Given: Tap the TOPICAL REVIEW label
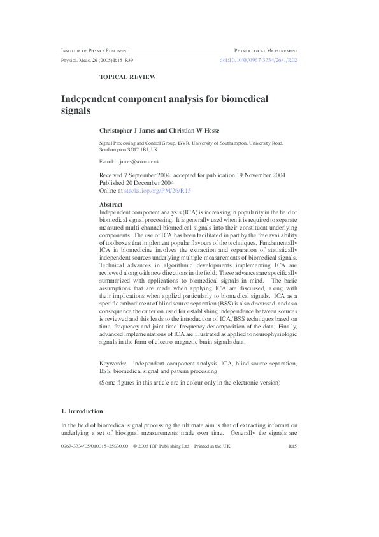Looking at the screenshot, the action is [x=127, y=77].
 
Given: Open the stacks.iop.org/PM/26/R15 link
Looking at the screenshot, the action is [x=157, y=190].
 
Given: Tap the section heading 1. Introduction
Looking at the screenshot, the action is [x=82, y=411].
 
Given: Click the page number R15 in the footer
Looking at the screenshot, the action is [x=292, y=446].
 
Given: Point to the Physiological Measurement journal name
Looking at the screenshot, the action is [x=266, y=50].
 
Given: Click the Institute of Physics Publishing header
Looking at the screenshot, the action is [x=95, y=50].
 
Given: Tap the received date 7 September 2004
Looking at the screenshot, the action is [x=157, y=174].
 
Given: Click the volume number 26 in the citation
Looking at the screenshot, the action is [x=90, y=60].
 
